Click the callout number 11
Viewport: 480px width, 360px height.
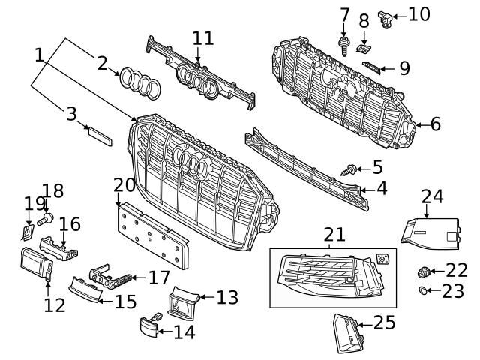click(x=202, y=38)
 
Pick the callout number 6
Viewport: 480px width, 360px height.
click(x=435, y=124)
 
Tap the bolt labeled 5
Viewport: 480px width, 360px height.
click(x=349, y=171)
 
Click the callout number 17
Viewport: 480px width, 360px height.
click(x=159, y=278)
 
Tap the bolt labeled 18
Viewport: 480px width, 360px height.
click(x=45, y=218)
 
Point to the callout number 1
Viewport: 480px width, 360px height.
click(x=39, y=55)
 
